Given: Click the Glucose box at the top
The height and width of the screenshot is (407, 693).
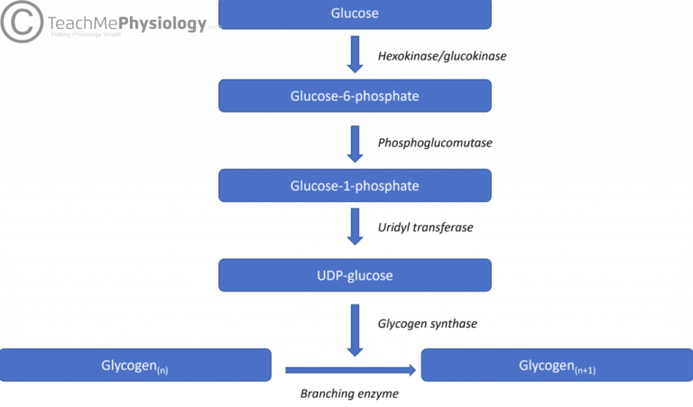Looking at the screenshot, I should [355, 14].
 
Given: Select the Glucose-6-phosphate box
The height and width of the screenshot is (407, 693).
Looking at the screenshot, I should [355, 96].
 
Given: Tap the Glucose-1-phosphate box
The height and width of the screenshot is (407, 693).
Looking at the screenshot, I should [355, 185].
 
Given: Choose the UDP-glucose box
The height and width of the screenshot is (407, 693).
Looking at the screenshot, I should [355, 274].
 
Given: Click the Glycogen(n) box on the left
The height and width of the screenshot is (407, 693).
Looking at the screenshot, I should [135, 365].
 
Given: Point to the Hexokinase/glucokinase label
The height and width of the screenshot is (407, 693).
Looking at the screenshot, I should [441, 56].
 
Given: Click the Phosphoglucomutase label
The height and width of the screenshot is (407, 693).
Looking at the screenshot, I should [435, 143].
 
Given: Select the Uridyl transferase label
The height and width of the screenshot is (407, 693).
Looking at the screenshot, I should [424, 227].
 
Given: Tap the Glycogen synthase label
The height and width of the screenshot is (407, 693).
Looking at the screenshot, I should [427, 323].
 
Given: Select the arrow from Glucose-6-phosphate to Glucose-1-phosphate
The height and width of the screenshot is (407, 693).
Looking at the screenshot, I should [355, 141].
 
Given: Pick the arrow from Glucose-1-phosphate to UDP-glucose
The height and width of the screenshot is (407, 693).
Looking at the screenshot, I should [355, 227].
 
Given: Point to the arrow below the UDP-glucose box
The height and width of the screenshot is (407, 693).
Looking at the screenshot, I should [355, 328].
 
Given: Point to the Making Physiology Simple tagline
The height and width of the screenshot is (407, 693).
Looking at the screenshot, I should [86, 36].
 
